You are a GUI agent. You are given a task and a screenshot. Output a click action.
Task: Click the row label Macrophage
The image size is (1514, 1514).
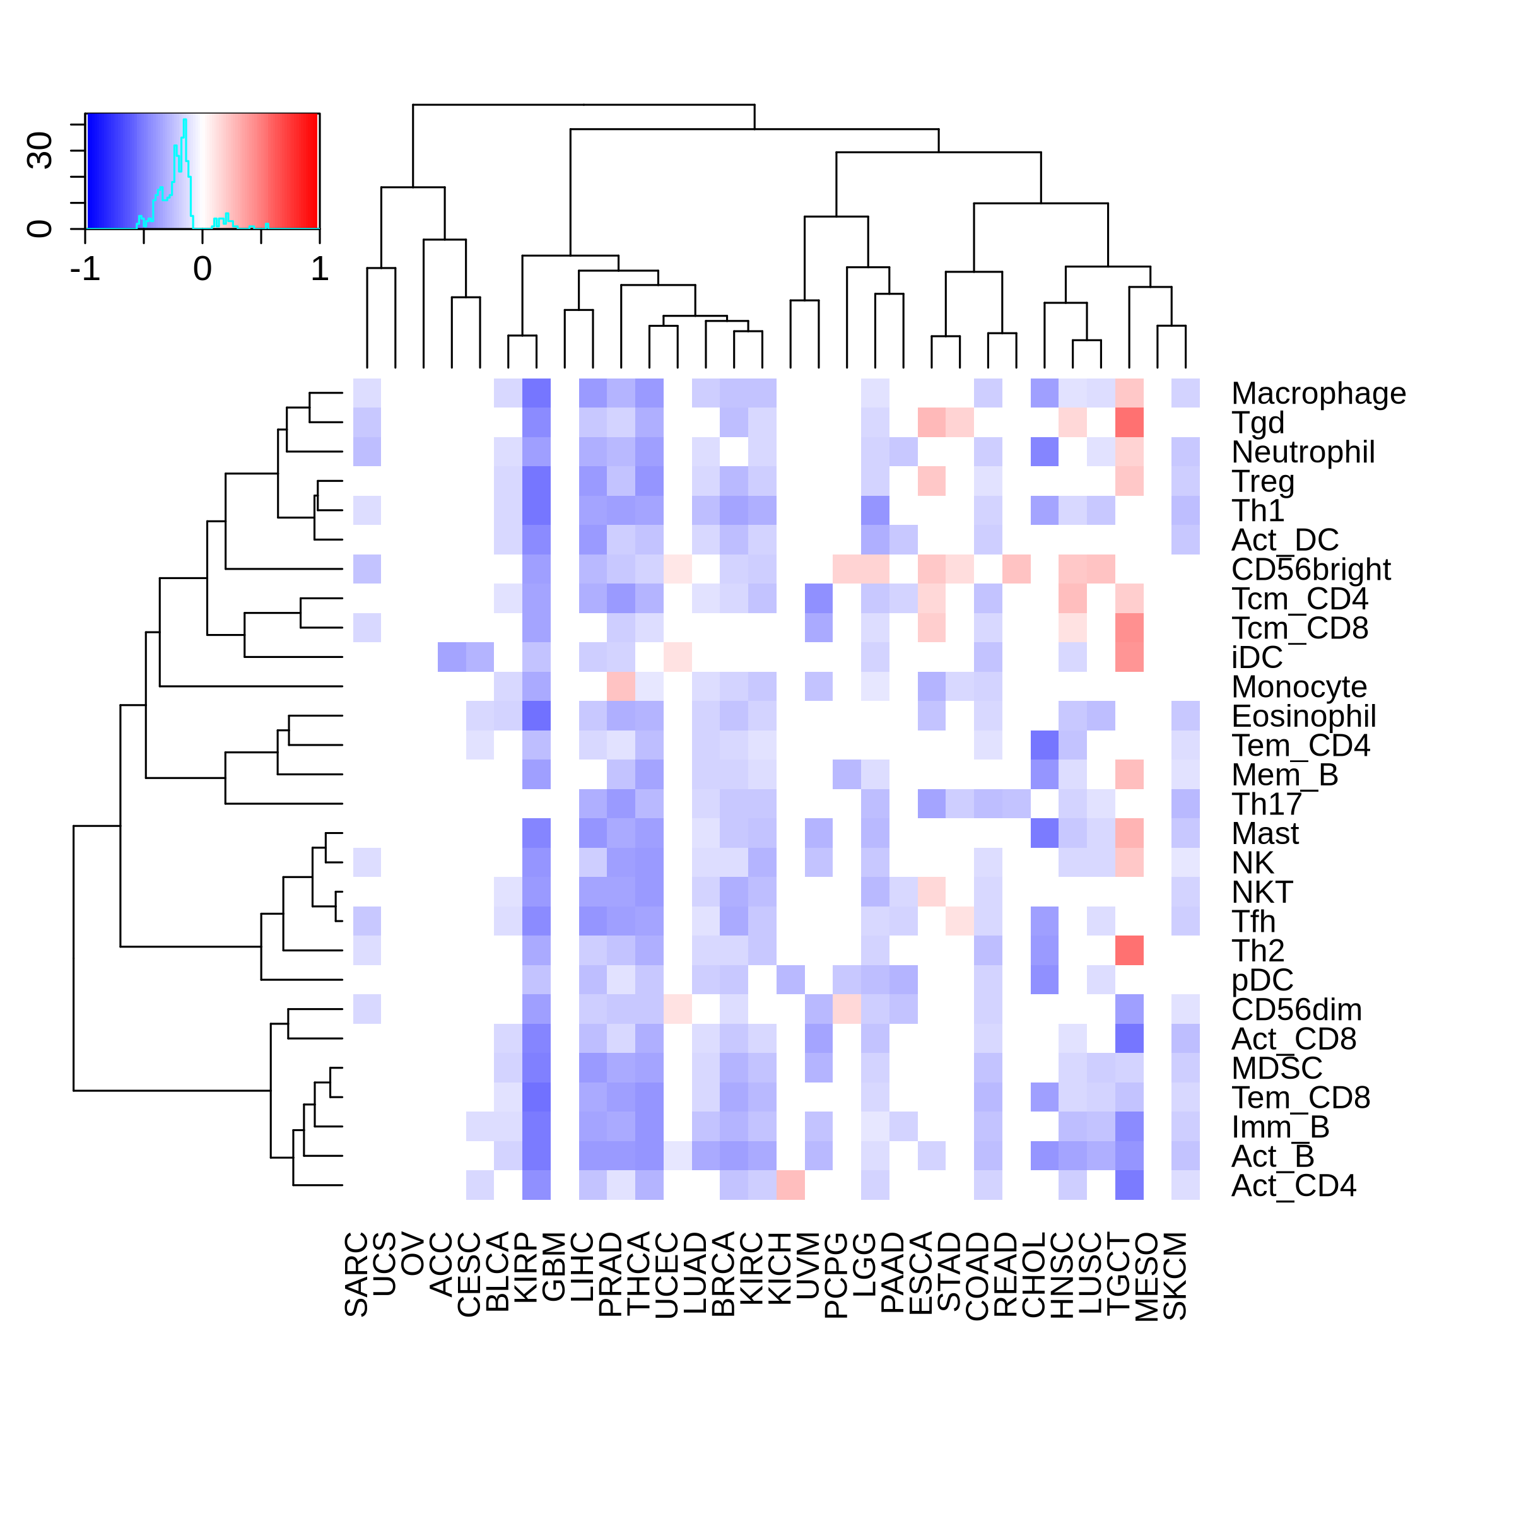point(1318,394)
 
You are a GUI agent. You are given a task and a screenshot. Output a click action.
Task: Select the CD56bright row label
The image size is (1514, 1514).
point(1311,570)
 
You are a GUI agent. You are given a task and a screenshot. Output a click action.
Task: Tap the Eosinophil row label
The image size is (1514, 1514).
point(1304,716)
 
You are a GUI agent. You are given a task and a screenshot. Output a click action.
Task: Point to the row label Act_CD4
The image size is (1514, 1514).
point(1294,1186)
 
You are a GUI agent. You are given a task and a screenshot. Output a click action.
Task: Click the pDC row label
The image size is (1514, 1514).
point(1262,980)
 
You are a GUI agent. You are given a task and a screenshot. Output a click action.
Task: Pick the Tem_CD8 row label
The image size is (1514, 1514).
point(1301,1098)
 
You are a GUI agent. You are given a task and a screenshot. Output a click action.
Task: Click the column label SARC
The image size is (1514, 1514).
point(356,1274)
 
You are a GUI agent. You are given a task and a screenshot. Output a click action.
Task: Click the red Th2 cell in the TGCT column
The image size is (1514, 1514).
point(1129,951)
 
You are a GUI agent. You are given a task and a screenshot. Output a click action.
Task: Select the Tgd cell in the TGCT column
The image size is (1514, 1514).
point(1129,423)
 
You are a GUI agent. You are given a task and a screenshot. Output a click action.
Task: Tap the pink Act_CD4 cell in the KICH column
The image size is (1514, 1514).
point(790,1185)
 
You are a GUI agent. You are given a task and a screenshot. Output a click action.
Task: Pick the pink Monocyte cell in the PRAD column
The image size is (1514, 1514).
point(621,686)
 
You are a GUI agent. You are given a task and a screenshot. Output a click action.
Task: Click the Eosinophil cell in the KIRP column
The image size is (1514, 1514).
point(537,716)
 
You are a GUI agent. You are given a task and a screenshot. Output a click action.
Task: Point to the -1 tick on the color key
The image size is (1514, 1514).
point(85,269)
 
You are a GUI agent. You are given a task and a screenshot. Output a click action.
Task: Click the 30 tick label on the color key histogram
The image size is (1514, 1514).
point(39,151)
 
